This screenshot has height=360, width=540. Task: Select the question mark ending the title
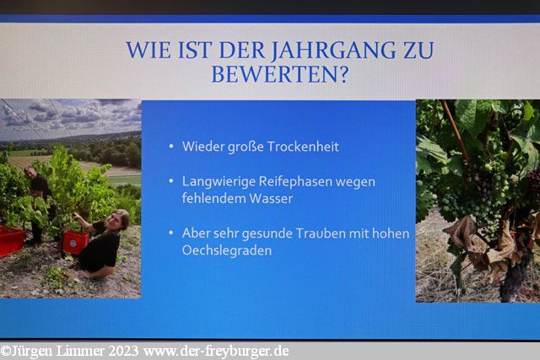click(343, 74)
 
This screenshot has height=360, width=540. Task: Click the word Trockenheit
click(303, 147)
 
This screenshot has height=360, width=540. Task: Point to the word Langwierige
click(219, 182)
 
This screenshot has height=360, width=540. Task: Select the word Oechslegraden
click(227, 250)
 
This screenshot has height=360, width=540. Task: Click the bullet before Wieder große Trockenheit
click(171, 147)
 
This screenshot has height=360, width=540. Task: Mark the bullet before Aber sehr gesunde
click(171, 233)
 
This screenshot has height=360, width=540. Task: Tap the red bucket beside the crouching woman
click(75, 242)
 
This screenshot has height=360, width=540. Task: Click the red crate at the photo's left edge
click(11, 241)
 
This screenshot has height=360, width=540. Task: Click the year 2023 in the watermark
click(123, 352)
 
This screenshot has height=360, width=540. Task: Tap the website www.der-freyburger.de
click(216, 352)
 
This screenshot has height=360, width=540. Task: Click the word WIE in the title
click(148, 51)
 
